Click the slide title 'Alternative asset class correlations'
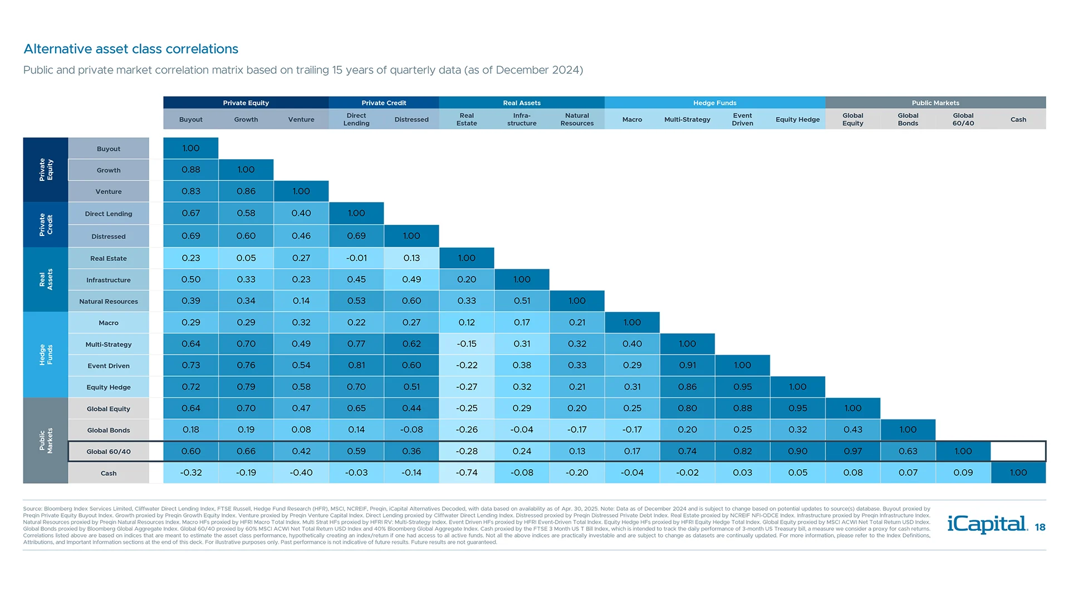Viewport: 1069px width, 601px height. tap(131, 49)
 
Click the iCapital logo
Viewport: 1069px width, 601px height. tap(987, 524)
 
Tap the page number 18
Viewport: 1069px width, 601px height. tap(1040, 528)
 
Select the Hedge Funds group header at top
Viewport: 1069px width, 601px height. tap(714, 103)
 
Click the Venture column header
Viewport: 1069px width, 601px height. tap(301, 120)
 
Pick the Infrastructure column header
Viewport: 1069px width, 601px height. tap(522, 120)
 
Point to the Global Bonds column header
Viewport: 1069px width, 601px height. tap(908, 120)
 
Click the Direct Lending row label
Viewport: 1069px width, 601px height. tap(109, 214)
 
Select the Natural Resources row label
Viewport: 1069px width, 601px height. tap(109, 302)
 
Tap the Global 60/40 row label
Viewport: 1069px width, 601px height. tap(109, 452)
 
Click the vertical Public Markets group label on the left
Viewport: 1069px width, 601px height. tap(46, 441)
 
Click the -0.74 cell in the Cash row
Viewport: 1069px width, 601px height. tap(467, 473)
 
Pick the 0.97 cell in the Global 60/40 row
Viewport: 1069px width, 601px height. tap(852, 451)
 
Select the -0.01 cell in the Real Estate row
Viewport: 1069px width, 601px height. tap(356, 258)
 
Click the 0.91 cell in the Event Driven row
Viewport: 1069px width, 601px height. tap(687, 366)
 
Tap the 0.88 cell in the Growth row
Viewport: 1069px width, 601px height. tap(190, 170)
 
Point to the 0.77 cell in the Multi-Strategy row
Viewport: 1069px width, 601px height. tap(356, 344)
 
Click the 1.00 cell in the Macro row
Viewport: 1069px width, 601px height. tap(632, 323)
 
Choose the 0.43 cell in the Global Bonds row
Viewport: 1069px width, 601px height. tap(852, 430)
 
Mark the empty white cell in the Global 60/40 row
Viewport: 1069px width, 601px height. tap(1018, 451)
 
